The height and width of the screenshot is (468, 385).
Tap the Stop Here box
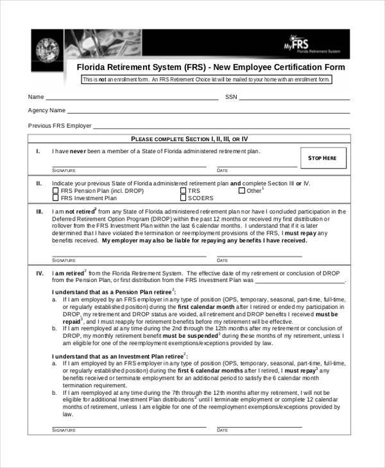click(x=323, y=158)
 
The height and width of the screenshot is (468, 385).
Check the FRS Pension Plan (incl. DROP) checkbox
click(x=56, y=190)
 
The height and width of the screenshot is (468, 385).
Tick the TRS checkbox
click(x=183, y=190)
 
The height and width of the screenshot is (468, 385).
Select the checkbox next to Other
click(x=241, y=190)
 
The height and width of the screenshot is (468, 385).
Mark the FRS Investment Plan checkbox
click(x=56, y=198)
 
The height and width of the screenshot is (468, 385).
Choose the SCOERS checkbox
click(x=183, y=198)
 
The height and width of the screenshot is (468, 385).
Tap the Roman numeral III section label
click(x=39, y=211)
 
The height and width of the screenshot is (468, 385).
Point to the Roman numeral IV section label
click(x=39, y=272)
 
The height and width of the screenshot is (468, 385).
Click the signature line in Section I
click(x=128, y=167)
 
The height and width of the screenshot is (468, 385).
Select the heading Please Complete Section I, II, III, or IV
click(x=189, y=138)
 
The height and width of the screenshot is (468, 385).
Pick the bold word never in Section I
click(x=78, y=151)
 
